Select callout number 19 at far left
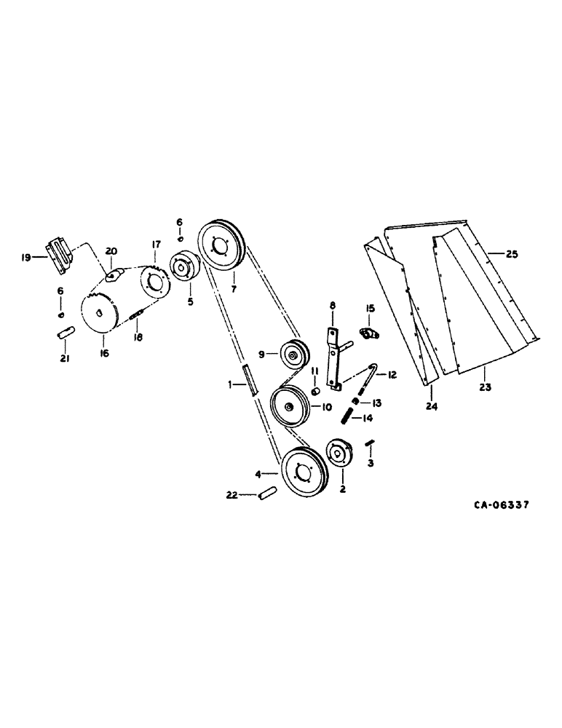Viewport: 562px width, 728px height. click(25, 256)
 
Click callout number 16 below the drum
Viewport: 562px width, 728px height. click(104, 352)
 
